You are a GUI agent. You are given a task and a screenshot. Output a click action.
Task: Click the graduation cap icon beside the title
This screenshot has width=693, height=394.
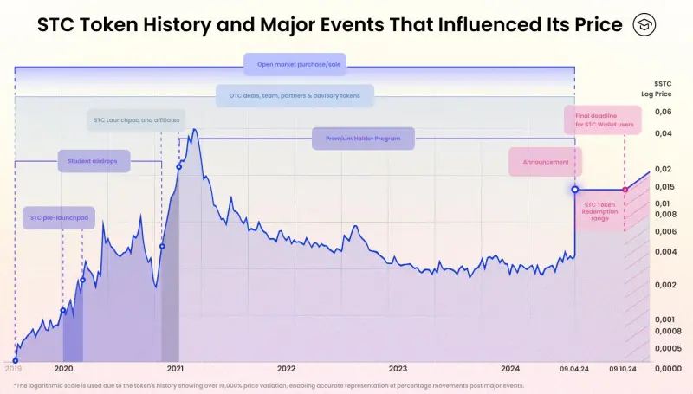tap(644, 25)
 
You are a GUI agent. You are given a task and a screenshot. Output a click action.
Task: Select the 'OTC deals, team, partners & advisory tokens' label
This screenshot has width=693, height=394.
tap(295, 95)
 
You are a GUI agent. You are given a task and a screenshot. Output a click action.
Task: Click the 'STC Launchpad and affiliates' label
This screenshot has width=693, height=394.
tap(136, 119)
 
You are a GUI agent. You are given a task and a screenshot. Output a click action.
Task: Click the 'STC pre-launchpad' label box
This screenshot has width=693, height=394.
tap(59, 217)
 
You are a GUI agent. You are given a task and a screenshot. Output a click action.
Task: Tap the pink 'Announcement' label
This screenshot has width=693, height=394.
tap(545, 162)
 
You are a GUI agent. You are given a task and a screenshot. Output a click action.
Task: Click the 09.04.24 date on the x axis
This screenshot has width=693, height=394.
tap(575, 368)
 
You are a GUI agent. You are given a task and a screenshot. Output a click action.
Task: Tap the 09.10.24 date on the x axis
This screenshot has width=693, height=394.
tap(625, 368)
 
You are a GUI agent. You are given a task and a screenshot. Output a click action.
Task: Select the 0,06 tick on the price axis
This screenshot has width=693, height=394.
tap(664, 112)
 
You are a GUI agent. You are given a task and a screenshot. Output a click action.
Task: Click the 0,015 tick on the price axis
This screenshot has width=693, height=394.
tap(664, 186)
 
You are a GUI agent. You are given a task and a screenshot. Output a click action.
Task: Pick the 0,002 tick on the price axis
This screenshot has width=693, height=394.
tap(664, 284)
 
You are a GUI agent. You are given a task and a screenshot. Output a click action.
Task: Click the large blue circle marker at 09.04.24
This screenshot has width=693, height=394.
tap(575, 189)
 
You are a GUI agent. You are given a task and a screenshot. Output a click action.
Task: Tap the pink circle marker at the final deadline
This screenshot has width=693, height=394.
tap(625, 189)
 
